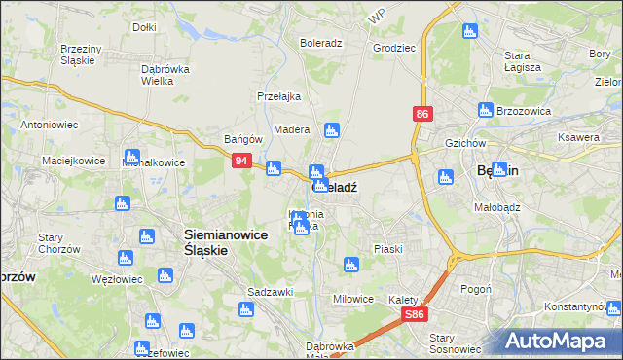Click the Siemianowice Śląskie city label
click(x=206, y=241)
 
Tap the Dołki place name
click(x=144, y=27)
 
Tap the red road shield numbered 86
click(x=421, y=114)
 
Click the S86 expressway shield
click(x=415, y=314)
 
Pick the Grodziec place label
click(x=393, y=46)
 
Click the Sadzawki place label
click(x=270, y=292)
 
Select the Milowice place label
click(x=353, y=299)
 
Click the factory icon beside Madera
click(x=332, y=129)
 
